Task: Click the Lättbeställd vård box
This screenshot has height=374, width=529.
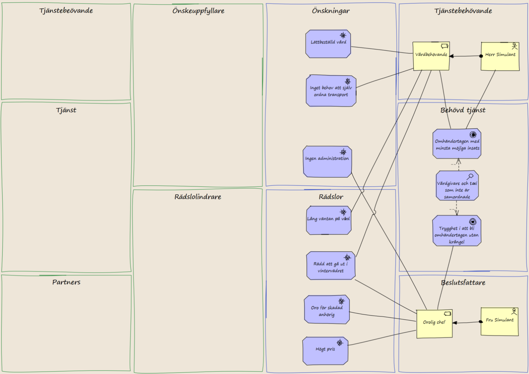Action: (x=328, y=44)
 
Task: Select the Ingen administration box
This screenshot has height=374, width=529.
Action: (x=327, y=162)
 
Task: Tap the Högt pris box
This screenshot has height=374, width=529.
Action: (x=325, y=351)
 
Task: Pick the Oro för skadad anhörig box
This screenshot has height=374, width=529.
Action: (x=327, y=309)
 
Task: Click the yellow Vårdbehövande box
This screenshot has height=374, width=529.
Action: (x=431, y=56)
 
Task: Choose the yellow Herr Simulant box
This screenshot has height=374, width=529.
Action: (x=500, y=56)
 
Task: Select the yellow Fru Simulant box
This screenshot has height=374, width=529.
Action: (x=500, y=322)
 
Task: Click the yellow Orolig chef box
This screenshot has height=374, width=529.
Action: (x=434, y=324)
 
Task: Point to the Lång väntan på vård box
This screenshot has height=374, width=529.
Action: (x=328, y=220)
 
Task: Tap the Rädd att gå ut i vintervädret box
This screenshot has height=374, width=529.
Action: (x=331, y=266)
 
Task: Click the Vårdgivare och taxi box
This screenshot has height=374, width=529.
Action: (x=457, y=185)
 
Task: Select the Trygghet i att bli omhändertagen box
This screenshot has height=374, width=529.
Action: (x=457, y=231)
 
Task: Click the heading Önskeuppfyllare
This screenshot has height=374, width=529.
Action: (x=198, y=11)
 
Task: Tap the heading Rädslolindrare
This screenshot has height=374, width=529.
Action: (x=198, y=197)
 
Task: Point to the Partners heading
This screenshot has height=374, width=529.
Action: (x=66, y=282)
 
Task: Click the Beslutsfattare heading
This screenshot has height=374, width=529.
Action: (x=463, y=283)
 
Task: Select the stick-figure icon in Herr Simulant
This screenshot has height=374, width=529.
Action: (x=515, y=46)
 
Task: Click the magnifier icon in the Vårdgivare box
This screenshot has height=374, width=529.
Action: (x=470, y=177)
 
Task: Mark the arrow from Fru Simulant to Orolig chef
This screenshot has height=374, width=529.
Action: (x=467, y=322)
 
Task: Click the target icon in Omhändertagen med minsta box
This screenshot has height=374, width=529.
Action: (x=473, y=134)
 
